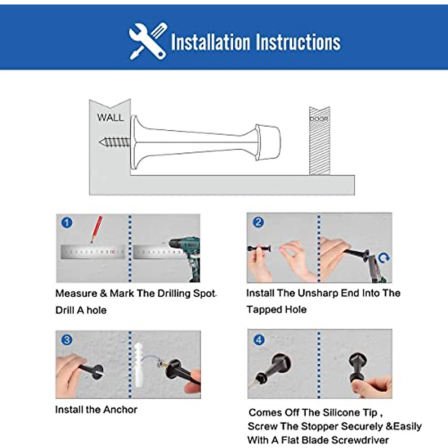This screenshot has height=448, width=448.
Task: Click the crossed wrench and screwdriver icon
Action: click(148, 41)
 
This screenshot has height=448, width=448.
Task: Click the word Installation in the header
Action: click(211, 42)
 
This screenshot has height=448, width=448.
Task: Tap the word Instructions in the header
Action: click(298, 42)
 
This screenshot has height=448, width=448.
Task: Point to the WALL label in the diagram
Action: click(110, 117)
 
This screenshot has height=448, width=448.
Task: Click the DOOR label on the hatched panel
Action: click(319, 119)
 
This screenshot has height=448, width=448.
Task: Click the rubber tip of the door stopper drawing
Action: click(268, 142)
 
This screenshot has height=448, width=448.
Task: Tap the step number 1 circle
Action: click(67, 223)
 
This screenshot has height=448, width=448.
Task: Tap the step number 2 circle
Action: click(258, 222)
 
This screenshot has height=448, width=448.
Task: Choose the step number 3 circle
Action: click(67, 340)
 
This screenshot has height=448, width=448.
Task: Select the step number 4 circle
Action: click(259, 340)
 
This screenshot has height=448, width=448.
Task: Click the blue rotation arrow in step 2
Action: click(384, 258)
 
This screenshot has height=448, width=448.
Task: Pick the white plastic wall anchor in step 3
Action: click(139, 365)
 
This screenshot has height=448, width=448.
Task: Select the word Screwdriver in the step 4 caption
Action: click(360, 440)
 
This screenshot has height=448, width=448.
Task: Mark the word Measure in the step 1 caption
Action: click(76, 293)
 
